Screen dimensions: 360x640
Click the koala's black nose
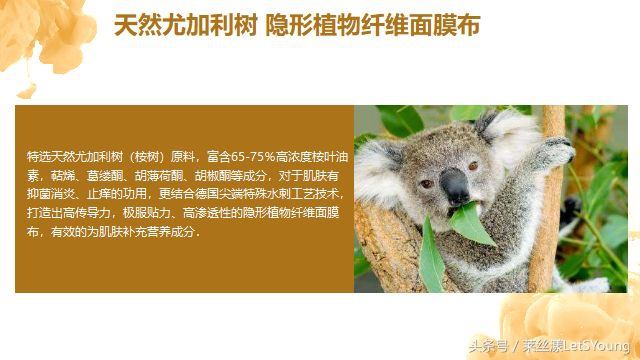coord(455,186)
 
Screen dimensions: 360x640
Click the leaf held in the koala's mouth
coord(469,222)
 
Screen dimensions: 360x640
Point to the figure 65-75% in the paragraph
coord(244,157)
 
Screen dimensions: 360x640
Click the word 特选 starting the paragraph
coord(38,157)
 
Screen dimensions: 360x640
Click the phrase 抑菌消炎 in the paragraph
coord(51,194)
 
